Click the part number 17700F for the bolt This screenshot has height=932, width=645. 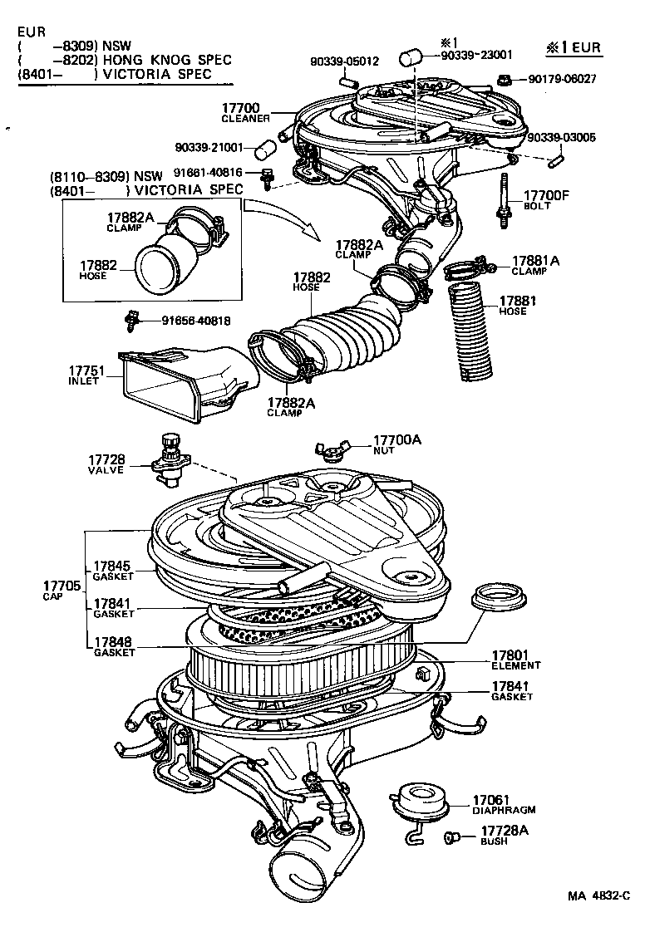point(545,196)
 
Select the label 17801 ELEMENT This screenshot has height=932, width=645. point(515,660)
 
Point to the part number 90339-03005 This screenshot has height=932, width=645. point(561,137)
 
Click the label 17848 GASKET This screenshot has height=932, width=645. point(114,647)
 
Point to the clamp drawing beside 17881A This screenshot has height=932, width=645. point(468,270)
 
